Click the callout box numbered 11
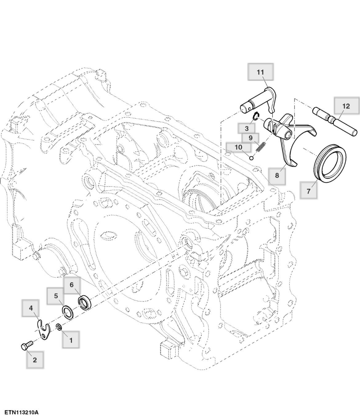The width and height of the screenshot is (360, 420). pyautogui.click(x=260, y=72)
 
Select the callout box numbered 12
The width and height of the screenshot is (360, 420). pyautogui.click(x=346, y=106)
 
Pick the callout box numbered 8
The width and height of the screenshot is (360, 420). pyautogui.click(x=277, y=175)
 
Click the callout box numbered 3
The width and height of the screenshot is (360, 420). pyautogui.click(x=247, y=129)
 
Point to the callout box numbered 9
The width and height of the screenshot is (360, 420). pyautogui.click(x=250, y=138)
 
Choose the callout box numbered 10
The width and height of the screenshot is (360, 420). pyautogui.click(x=238, y=147)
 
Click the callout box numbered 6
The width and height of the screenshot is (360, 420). pyautogui.click(x=72, y=285)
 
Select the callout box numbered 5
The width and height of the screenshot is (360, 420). pyautogui.click(x=56, y=296)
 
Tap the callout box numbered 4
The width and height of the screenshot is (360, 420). pyautogui.click(x=31, y=308)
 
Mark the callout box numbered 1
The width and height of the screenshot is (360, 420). pyautogui.click(x=71, y=340)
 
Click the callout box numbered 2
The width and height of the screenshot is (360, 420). pyautogui.click(x=34, y=360)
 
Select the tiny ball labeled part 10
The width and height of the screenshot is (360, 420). pyautogui.click(x=251, y=158)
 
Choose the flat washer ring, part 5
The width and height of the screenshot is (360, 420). pyautogui.click(x=68, y=312)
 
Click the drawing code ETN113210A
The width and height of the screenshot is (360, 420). pyautogui.click(x=22, y=412)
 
